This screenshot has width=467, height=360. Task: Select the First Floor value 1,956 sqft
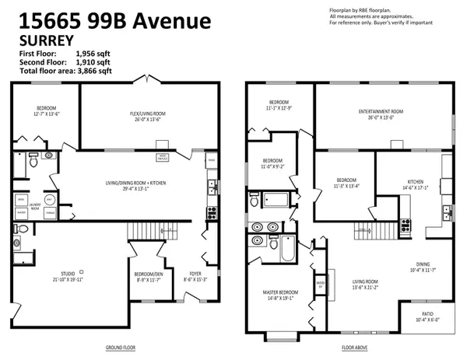pos(93,52)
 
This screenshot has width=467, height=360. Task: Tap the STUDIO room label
pos(68,274)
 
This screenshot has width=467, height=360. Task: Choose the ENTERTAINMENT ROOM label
pos(381,113)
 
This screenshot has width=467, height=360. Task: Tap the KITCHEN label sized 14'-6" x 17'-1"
pos(414,180)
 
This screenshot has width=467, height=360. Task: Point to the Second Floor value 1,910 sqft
pos(93,61)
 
